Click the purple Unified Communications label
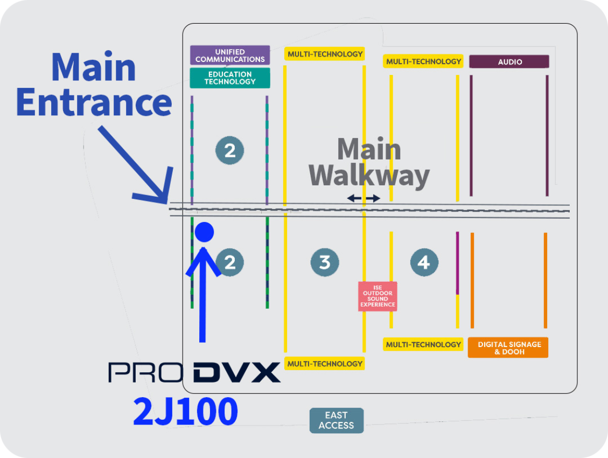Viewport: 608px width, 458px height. (x=230, y=55)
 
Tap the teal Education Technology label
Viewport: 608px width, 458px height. (x=230, y=78)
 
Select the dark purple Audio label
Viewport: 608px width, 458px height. (x=509, y=62)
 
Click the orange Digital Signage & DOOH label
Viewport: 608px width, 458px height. (x=508, y=348)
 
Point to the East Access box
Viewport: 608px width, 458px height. (x=336, y=420)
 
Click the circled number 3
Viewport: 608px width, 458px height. (x=325, y=262)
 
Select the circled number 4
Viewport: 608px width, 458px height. (x=424, y=262)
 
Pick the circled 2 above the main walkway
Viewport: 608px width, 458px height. (x=230, y=151)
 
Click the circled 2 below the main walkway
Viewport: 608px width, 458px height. (x=230, y=262)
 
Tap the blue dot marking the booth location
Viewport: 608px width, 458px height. (x=204, y=232)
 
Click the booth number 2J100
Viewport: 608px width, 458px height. (x=185, y=412)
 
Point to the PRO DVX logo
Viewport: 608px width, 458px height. (x=194, y=372)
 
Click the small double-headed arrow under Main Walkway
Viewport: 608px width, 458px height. (x=364, y=199)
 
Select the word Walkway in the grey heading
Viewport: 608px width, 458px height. (x=369, y=176)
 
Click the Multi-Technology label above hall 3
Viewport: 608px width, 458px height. (x=325, y=54)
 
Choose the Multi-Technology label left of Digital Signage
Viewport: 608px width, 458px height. (x=423, y=344)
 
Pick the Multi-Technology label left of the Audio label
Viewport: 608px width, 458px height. (x=423, y=61)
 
